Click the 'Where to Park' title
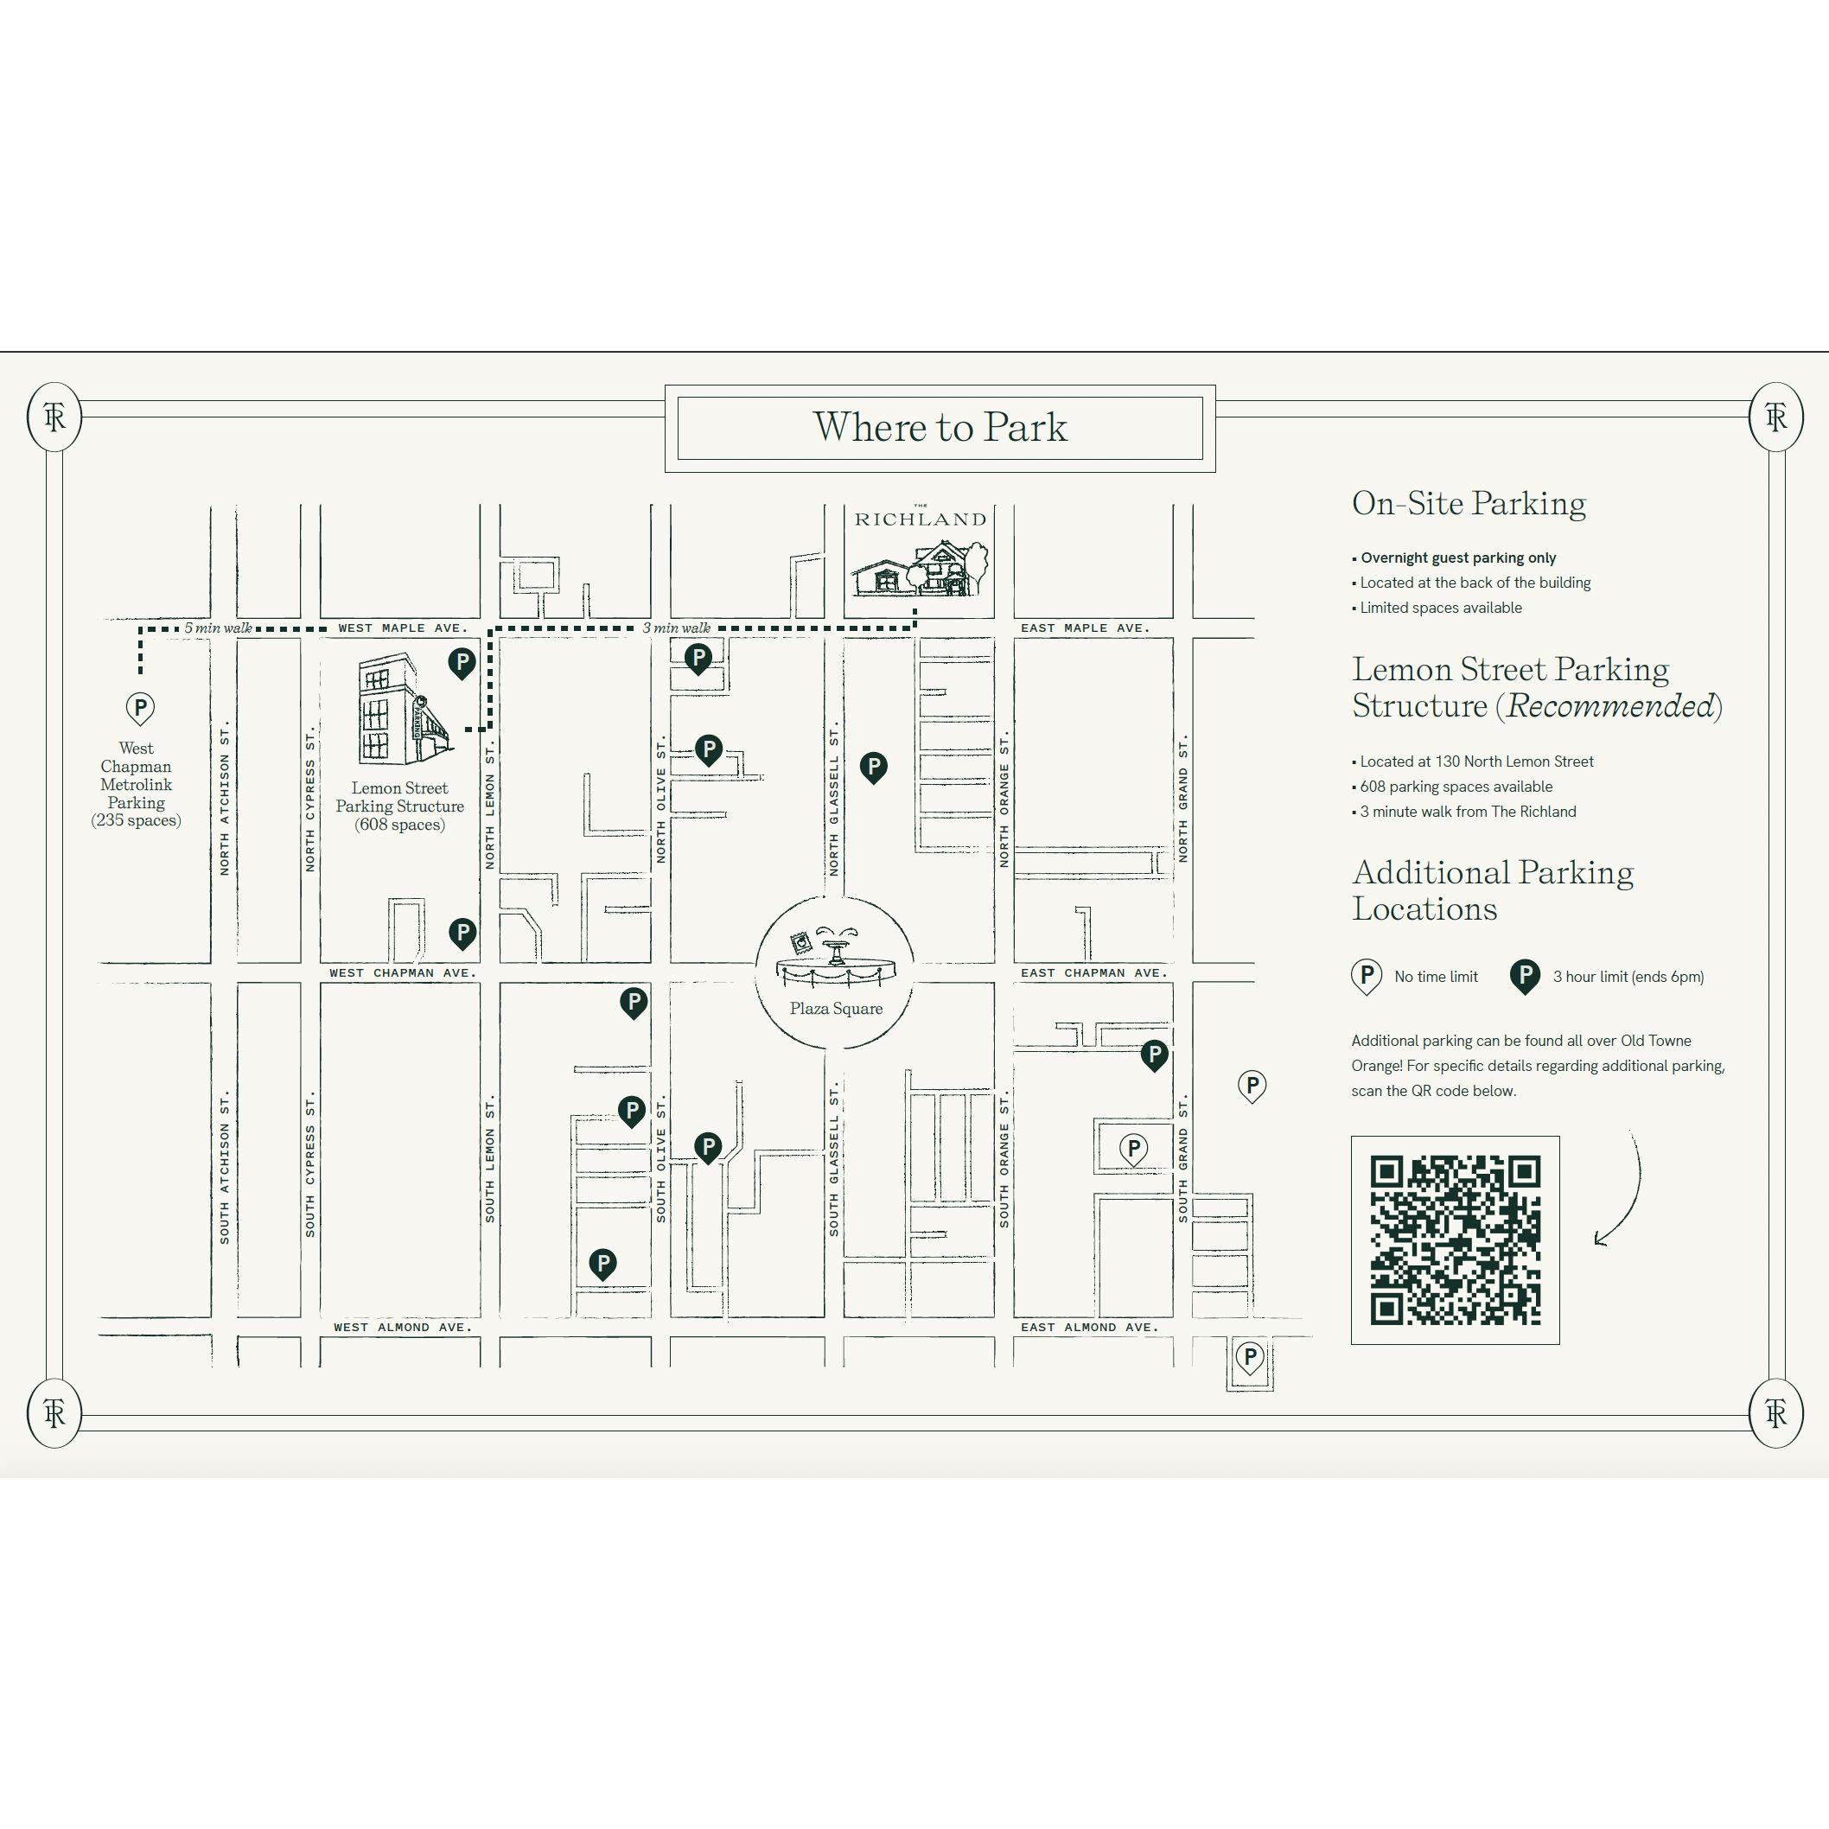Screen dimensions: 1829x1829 coord(940,427)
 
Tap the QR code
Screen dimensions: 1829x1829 coord(1455,1240)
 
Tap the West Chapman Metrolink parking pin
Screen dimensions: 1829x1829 coord(140,708)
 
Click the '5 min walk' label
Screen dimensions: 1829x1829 coord(218,628)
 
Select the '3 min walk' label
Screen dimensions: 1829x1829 coord(676,628)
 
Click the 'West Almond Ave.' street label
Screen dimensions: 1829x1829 coord(402,1328)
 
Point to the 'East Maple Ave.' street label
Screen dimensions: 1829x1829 coord(1085,628)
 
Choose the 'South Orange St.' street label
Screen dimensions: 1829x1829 coord(1004,1160)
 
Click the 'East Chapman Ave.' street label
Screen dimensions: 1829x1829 coord(1093,972)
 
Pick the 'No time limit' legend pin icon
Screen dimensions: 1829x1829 coord(1365,977)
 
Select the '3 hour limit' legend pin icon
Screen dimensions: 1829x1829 coord(1524,977)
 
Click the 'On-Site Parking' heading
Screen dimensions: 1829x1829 coord(1469,503)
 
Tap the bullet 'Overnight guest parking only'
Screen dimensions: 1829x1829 coord(1454,558)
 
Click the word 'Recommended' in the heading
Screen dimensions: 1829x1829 coord(1609,706)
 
